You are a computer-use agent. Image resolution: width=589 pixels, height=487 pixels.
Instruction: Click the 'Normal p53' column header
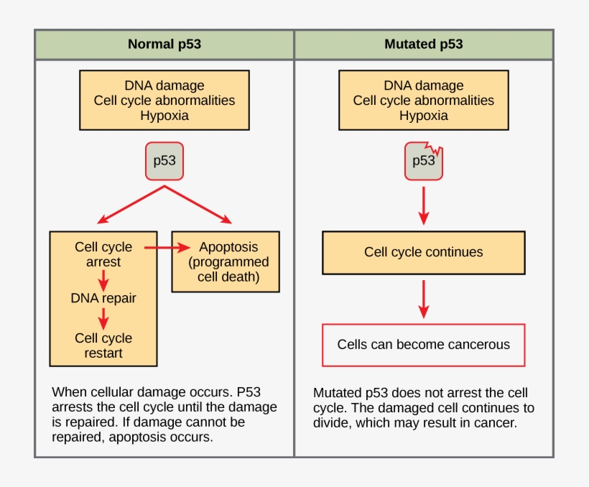click(164, 45)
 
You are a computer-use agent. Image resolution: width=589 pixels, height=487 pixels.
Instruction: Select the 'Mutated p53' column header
click(423, 45)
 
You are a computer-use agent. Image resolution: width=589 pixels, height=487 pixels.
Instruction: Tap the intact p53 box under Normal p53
click(164, 160)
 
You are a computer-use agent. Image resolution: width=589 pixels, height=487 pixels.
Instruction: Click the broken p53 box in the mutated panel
click(423, 161)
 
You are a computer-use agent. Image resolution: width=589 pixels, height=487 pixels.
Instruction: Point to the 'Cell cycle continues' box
click(423, 252)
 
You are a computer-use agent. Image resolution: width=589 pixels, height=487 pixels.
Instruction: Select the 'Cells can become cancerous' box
click(423, 345)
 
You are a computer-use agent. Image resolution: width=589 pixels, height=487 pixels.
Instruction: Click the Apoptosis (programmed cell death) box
click(226, 261)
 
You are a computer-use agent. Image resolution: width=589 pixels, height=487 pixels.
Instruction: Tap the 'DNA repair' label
click(103, 298)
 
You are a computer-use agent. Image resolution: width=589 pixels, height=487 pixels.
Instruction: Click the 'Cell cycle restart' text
click(103, 345)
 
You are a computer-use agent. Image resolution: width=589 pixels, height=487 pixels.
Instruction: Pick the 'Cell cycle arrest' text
click(103, 254)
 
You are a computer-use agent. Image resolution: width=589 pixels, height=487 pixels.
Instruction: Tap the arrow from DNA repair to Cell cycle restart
click(103, 317)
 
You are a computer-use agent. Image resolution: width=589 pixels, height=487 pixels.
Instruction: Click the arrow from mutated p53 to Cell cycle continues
click(423, 205)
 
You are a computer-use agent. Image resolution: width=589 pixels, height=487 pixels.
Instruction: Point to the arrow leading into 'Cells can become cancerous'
click(423, 299)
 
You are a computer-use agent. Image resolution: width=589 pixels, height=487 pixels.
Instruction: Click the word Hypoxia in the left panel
click(164, 116)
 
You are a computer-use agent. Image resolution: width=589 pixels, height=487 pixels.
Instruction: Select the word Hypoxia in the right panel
click(423, 116)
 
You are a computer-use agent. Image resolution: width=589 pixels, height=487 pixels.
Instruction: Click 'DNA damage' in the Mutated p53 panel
click(423, 85)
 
